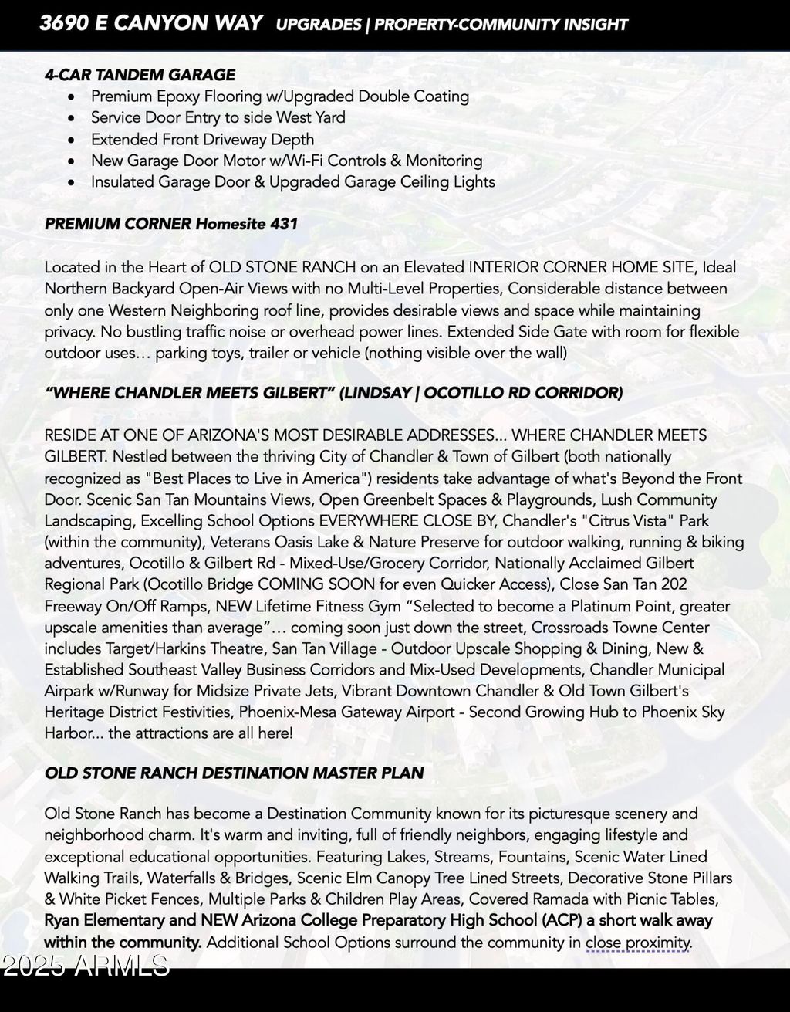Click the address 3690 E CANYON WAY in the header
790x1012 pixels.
click(150, 24)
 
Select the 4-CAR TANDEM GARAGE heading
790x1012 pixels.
click(140, 75)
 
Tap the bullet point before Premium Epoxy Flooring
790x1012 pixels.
click(72, 97)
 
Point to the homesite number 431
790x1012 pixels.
click(284, 224)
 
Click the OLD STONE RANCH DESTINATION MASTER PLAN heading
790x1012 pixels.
click(234, 773)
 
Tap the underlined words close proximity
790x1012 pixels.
click(637, 943)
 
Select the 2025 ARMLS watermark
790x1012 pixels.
click(85, 966)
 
